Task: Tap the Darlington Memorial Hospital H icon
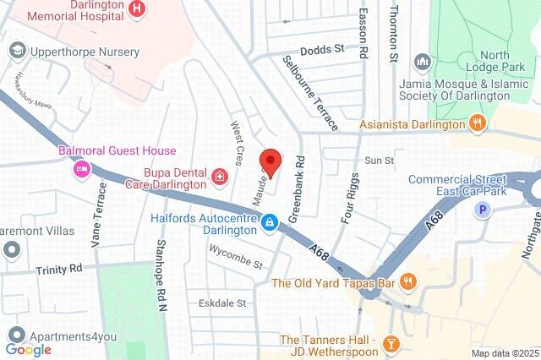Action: [139, 9]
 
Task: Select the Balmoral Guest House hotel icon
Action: [82, 169]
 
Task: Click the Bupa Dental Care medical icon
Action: [220, 176]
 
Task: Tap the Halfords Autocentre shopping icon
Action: [269, 222]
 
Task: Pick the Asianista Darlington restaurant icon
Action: [478, 124]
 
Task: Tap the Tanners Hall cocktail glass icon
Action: [391, 342]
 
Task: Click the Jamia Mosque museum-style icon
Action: [422, 63]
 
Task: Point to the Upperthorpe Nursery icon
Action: [16, 52]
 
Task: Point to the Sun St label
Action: [379, 160]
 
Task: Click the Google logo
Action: [28, 349]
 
